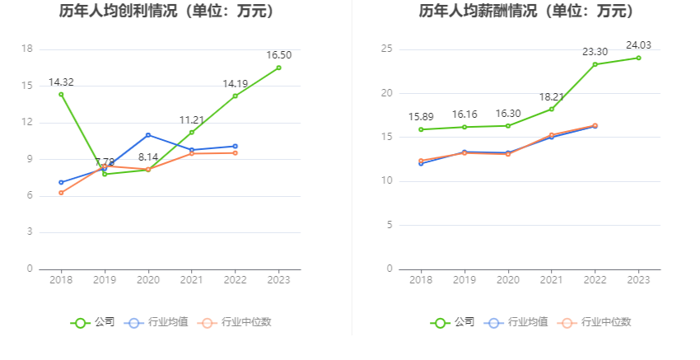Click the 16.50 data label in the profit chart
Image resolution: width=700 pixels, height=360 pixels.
coord(279,55)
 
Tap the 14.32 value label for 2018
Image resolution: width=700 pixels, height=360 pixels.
coord(61,82)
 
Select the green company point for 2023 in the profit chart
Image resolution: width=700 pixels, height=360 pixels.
coord(278,68)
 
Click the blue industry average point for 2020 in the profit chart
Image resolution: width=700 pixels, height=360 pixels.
coord(148,135)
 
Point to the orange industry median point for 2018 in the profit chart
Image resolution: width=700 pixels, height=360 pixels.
coord(61,193)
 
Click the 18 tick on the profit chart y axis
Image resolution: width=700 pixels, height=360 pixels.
coord(27,49)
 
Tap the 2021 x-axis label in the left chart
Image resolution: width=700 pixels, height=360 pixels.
coord(192,280)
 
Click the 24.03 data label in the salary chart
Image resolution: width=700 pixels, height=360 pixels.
coord(638,45)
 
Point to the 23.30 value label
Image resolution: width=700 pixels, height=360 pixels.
coord(595,52)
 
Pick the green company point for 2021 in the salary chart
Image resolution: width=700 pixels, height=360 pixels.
coord(551,109)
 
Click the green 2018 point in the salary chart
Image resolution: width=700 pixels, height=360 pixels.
coord(421,129)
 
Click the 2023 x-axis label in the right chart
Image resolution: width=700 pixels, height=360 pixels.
coord(638,280)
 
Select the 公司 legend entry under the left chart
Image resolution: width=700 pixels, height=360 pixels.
coord(93,322)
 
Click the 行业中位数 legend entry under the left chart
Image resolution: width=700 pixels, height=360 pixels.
coord(235,322)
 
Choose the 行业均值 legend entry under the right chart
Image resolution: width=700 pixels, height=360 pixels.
coord(519,322)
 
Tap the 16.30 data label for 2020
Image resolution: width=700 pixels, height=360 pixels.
coord(507,114)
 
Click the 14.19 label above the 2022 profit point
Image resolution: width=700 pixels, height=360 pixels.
coord(236,83)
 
